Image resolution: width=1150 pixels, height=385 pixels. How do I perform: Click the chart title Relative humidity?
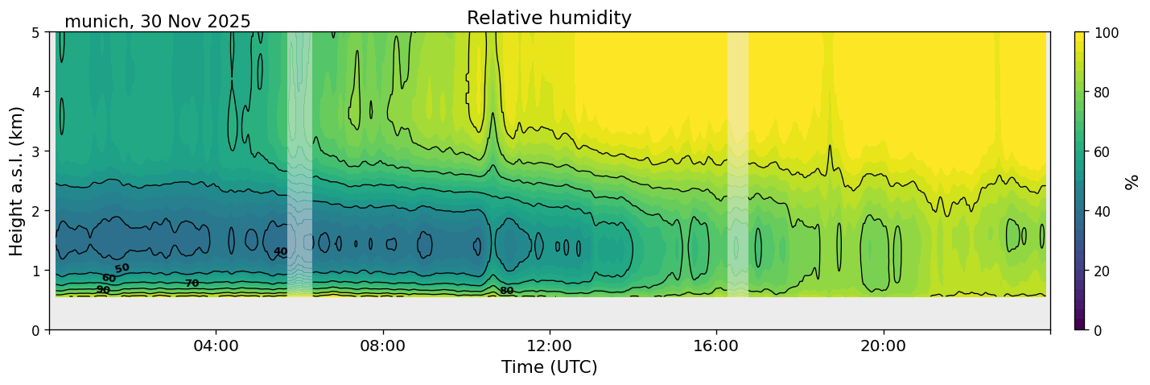(549, 19)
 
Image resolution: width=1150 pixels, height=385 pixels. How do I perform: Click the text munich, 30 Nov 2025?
(158, 22)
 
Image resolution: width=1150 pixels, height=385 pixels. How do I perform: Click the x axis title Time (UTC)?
(549, 367)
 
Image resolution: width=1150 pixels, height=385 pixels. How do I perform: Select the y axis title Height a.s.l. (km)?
(17, 180)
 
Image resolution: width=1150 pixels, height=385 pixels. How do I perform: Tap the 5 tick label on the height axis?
(36, 32)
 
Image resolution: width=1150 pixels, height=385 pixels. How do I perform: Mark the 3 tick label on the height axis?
(36, 151)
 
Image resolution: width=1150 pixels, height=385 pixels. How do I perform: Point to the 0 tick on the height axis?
(36, 330)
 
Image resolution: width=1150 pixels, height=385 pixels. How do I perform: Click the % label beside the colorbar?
(1131, 181)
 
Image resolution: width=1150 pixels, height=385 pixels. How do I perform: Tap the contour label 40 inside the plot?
(280, 252)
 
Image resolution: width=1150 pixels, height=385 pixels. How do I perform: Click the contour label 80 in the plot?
(506, 291)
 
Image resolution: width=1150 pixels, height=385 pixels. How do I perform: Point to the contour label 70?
(192, 284)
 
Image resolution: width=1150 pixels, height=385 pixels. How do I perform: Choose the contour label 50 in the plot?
(122, 268)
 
